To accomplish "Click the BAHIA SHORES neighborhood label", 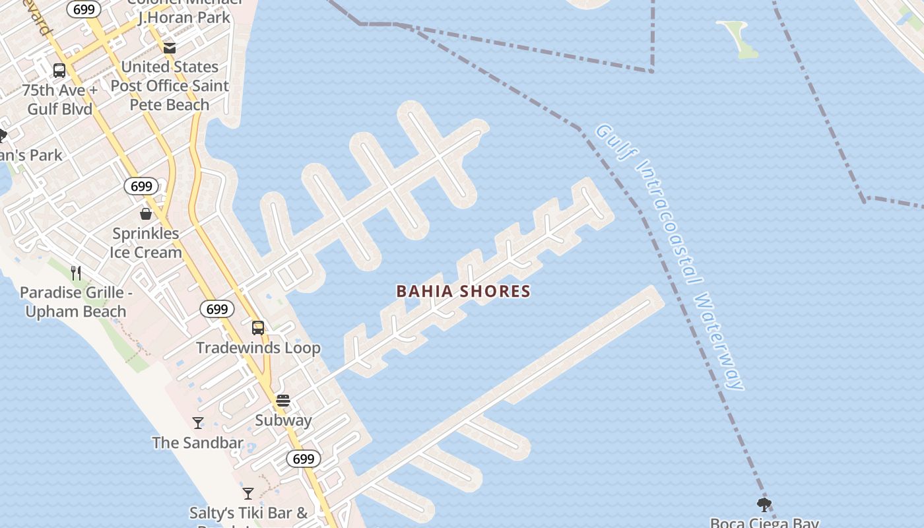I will tap(463, 291).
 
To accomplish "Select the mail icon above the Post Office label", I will tap(170, 48).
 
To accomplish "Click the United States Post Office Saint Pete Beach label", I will tap(170, 86).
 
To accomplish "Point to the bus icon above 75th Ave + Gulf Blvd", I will tap(59, 70).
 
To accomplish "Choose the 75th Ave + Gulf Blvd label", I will tap(59, 100).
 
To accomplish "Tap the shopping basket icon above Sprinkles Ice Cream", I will tap(146, 214).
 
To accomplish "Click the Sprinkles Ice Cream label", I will tap(145, 243).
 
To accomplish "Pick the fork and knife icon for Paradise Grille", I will tap(76, 273).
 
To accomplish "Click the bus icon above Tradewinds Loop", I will tap(258, 327).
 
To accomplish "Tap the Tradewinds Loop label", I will tap(258, 348).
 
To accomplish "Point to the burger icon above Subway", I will tap(283, 401).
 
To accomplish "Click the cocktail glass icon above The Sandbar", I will tap(198, 423).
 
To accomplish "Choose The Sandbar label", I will tap(197, 443).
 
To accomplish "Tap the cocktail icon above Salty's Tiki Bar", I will tap(248, 493).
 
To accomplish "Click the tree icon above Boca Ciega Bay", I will tap(764, 506).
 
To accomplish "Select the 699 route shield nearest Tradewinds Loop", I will tap(216, 309).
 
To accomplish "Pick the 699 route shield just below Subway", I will tap(304, 459).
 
